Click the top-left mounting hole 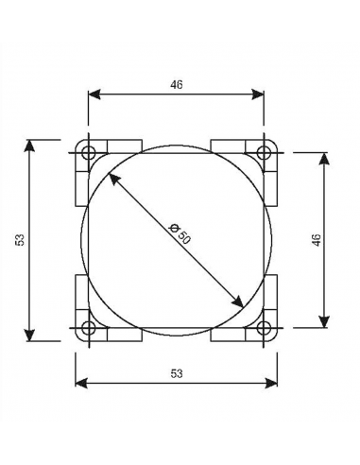coord(88,153)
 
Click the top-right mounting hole coord(264,153)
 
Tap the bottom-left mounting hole coord(88,328)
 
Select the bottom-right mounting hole coord(264,328)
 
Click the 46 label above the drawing coord(177,85)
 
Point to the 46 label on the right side coord(317,240)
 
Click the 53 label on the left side coord(20,240)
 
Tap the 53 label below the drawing coord(177,373)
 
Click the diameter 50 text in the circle coord(180,234)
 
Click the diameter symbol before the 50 coord(174,228)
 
